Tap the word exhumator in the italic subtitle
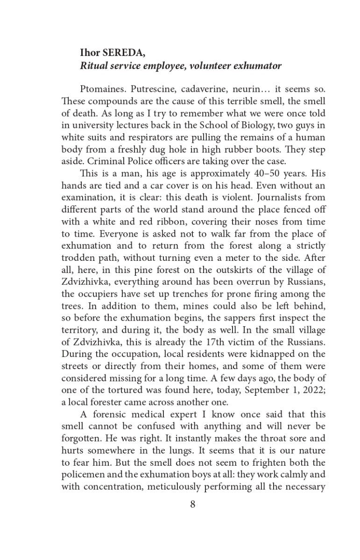(257, 66)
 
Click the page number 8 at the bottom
(193, 505)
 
